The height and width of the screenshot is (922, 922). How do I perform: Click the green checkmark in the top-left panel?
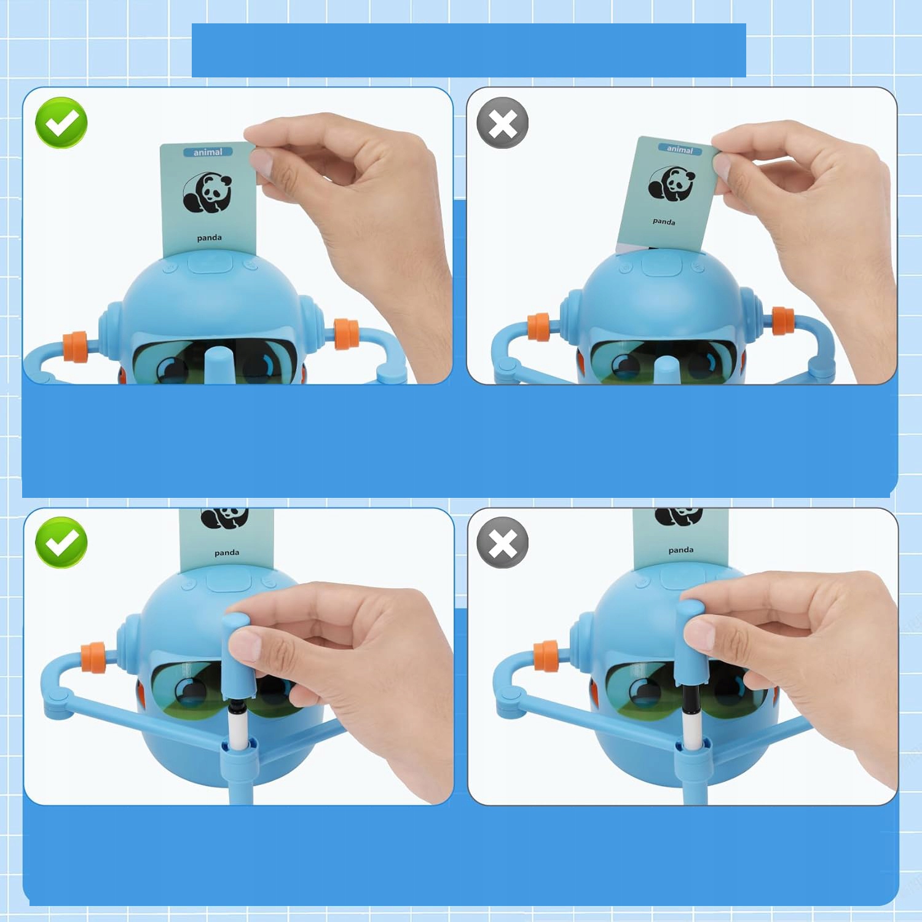(61, 122)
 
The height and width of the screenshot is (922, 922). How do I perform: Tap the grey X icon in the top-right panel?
(503, 122)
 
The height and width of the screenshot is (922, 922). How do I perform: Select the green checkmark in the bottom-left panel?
(61, 542)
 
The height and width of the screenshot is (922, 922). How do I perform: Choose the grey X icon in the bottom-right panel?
(503, 542)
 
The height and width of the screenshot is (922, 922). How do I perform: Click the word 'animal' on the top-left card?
(208, 152)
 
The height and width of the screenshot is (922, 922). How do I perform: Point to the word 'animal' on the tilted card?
(679, 149)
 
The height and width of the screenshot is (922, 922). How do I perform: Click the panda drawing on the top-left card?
(207, 192)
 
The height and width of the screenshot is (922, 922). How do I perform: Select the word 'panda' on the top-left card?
(209, 238)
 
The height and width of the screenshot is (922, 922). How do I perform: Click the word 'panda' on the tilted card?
(664, 221)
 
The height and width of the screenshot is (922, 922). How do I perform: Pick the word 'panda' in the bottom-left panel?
(227, 553)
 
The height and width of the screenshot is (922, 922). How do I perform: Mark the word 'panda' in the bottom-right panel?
(681, 550)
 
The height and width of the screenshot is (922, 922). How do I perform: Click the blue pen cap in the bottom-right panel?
(688, 642)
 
